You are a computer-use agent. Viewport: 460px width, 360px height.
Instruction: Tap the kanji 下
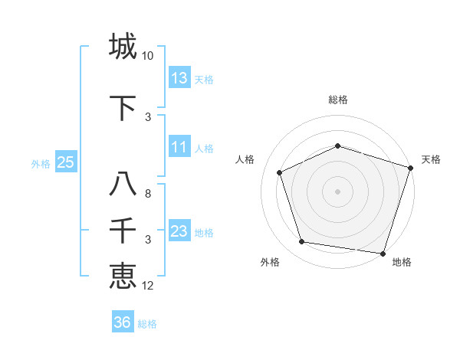click(123, 105)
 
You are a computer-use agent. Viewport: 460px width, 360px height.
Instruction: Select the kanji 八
click(123, 185)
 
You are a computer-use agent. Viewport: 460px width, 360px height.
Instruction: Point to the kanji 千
click(123, 229)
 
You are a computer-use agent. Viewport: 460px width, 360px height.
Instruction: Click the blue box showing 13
click(179, 77)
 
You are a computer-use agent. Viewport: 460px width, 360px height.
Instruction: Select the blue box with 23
click(179, 231)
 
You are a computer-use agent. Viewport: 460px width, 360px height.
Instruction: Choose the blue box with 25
click(66, 162)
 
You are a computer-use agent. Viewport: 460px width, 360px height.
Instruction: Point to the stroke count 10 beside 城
click(148, 56)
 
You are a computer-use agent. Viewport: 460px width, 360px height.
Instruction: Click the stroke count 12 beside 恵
click(148, 286)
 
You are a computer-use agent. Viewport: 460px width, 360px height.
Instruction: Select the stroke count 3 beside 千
click(148, 240)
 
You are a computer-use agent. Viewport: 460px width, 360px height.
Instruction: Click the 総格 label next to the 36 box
click(147, 324)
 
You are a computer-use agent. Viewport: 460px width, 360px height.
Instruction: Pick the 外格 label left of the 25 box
click(41, 163)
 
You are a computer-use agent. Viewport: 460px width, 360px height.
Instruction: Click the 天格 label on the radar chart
click(431, 159)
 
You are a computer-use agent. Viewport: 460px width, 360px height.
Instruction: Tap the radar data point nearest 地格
click(383, 253)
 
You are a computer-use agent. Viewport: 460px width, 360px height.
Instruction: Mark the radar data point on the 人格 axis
click(279, 172)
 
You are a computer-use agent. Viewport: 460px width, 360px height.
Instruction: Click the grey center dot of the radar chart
click(337, 191)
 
